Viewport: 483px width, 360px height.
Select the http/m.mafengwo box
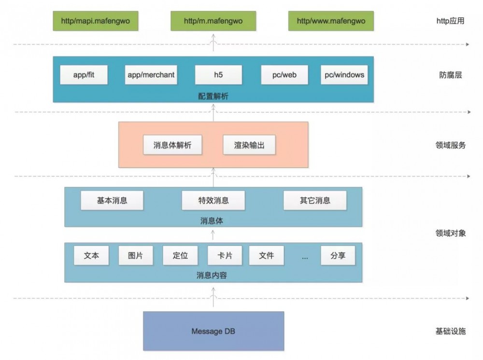click(x=213, y=21)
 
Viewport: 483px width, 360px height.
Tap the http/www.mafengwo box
click(x=331, y=21)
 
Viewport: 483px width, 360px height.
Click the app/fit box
click(x=84, y=75)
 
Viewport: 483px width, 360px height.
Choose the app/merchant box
click(x=151, y=75)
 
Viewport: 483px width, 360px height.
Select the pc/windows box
click(x=344, y=75)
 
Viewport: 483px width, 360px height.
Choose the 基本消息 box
click(x=112, y=201)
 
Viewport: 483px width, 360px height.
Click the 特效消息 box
click(x=213, y=201)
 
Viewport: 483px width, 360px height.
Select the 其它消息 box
click(x=315, y=201)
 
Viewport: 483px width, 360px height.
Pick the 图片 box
click(x=136, y=256)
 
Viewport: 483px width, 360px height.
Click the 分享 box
click(x=338, y=256)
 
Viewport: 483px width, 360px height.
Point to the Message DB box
click(x=213, y=331)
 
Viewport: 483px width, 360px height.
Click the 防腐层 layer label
click(x=450, y=75)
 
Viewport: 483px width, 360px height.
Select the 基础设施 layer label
click(x=450, y=331)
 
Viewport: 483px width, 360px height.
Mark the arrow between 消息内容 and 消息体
click(x=213, y=235)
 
